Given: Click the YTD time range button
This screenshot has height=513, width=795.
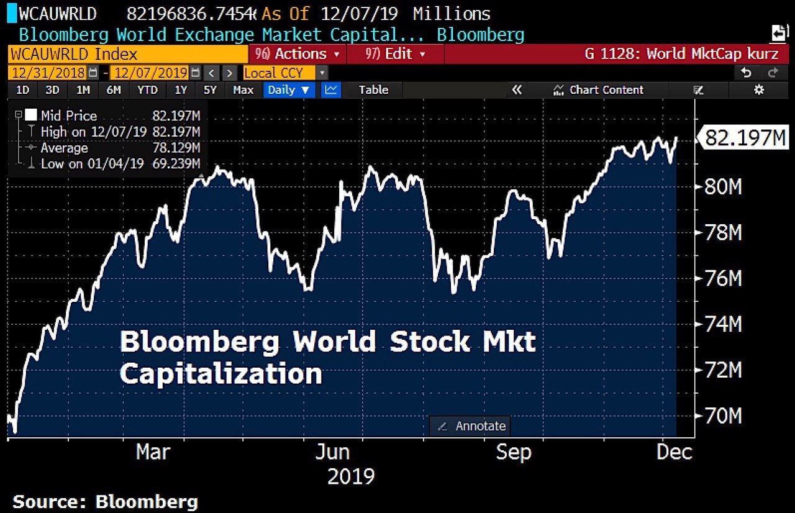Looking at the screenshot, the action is point(147,90).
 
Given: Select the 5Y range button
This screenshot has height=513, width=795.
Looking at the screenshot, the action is point(210,90).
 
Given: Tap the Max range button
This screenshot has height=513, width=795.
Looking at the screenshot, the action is point(243,90).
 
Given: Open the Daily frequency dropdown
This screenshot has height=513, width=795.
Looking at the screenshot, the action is point(289,90).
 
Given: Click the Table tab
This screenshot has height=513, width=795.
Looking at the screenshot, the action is point(373,90).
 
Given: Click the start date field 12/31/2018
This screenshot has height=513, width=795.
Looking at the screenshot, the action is point(48,73).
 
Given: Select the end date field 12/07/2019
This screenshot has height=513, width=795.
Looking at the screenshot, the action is point(151,73).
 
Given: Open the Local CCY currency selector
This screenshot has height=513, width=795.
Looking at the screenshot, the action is point(279,73).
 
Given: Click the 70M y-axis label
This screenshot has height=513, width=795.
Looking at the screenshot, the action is point(723,415).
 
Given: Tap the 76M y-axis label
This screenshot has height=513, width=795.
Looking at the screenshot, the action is point(723,278).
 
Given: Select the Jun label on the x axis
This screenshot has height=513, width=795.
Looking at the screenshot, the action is point(332,452).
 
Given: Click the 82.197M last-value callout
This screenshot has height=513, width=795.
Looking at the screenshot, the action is point(744,138).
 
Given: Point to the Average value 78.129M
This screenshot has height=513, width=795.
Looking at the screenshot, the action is point(176,148).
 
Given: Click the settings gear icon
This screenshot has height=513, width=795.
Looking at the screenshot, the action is point(759,90).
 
